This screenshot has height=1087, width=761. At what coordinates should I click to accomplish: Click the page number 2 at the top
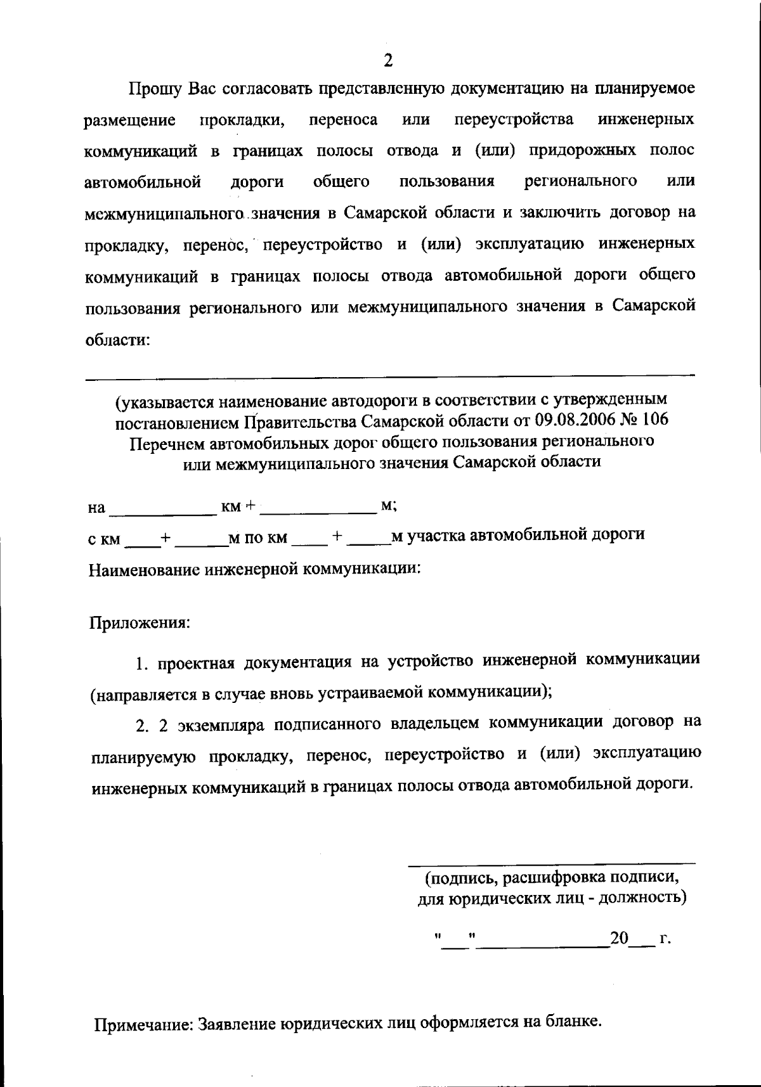tap(388, 60)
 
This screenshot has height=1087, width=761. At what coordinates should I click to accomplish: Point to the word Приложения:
tap(139, 622)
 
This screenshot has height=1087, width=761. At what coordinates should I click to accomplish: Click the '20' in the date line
tap(618, 938)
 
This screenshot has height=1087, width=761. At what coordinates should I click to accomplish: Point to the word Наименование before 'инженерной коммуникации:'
tap(144, 569)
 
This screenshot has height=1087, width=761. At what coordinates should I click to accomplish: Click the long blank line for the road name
tap(390, 378)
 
